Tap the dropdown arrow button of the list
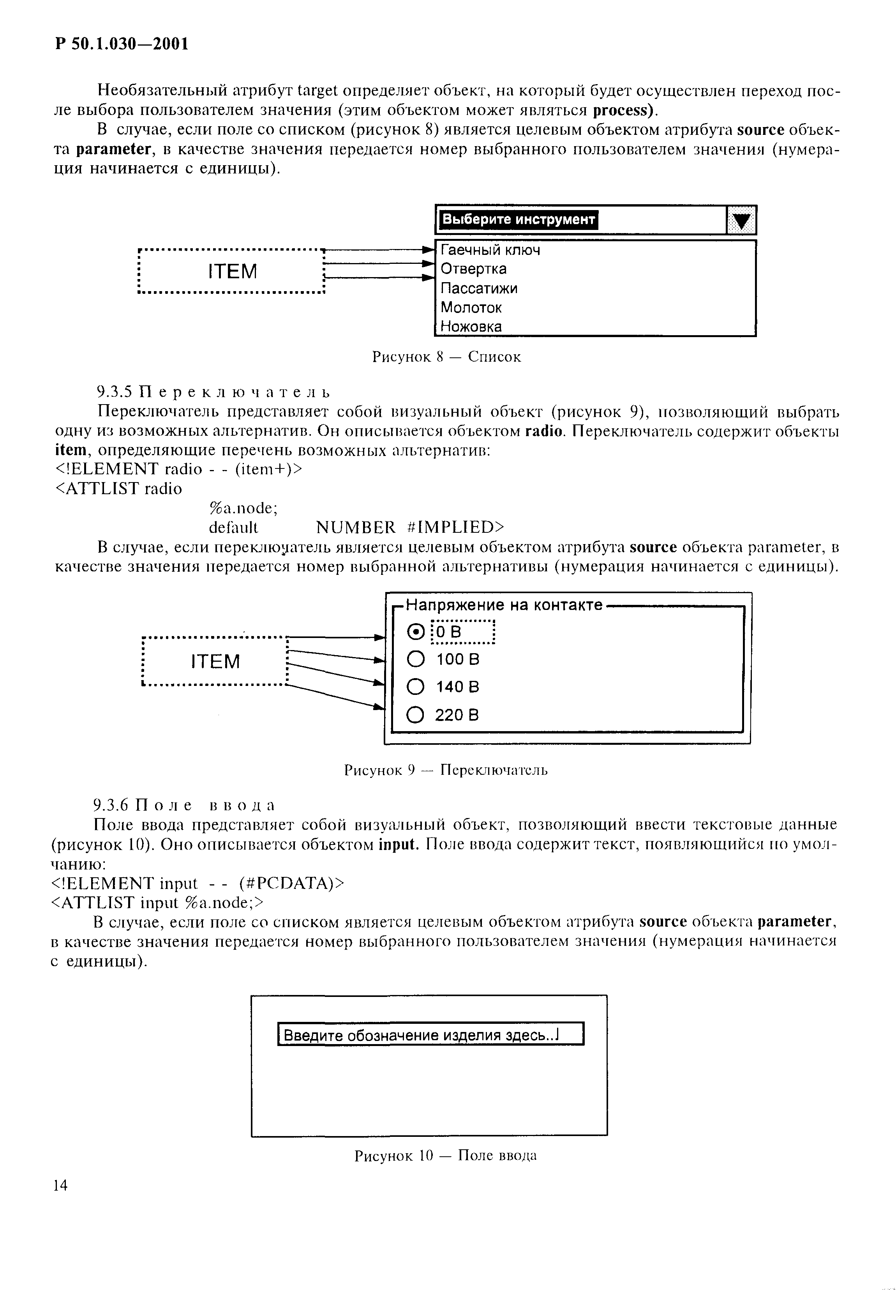(741, 220)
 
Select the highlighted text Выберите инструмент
(518, 219)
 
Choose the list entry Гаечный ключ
(490, 250)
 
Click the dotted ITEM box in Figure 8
(231, 271)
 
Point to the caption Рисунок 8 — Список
(446, 357)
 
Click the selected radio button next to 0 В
(415, 633)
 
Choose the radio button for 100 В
(415, 659)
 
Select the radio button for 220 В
(415, 715)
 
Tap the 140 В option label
(457, 687)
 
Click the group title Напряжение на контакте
(504, 605)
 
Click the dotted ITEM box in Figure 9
(215, 662)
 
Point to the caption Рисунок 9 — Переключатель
(446, 770)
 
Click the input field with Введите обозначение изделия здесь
(431, 1034)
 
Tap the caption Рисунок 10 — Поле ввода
(445, 1155)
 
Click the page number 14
(60, 1185)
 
